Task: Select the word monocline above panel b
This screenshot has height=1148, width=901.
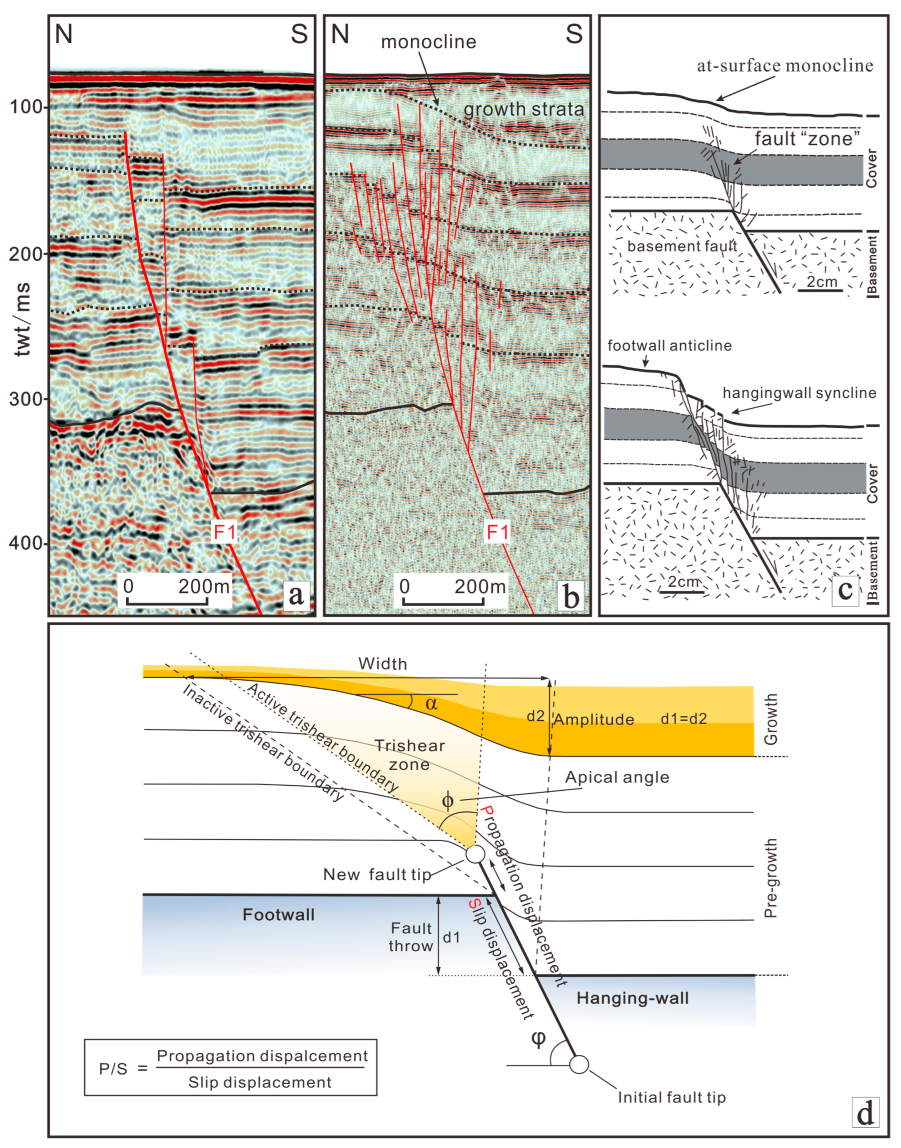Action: click(x=428, y=42)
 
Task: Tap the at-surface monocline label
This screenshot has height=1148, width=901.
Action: click(x=785, y=66)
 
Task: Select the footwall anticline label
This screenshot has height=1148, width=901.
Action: click(x=670, y=345)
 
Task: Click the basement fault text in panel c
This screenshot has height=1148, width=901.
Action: click(x=682, y=246)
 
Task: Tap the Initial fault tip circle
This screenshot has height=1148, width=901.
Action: click(x=579, y=1064)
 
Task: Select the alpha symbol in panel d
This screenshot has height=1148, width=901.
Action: click(x=431, y=703)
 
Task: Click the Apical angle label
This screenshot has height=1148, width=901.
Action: click(x=617, y=777)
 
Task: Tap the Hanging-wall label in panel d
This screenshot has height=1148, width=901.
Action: click(x=633, y=998)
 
